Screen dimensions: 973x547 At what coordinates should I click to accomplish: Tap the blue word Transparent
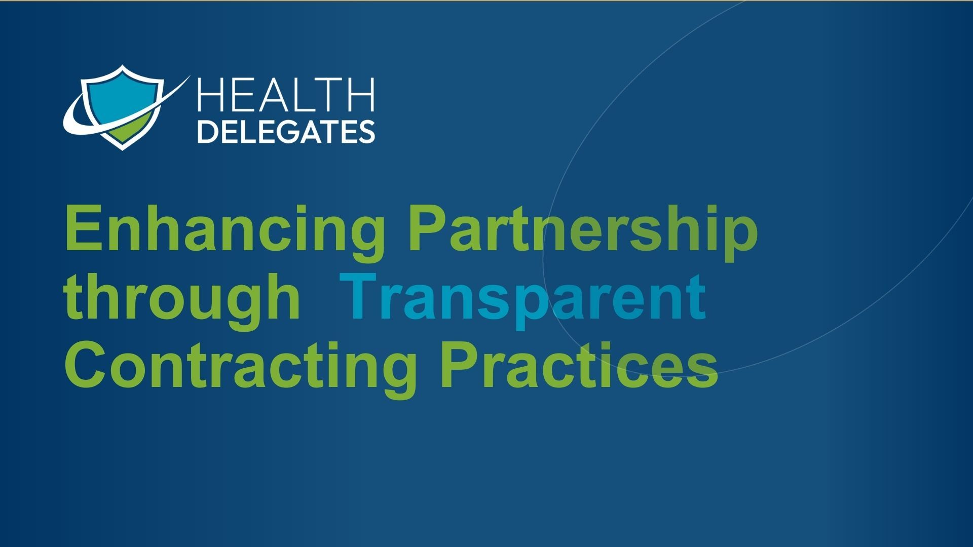coord(524,300)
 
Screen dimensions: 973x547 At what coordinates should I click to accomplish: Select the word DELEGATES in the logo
coord(286,131)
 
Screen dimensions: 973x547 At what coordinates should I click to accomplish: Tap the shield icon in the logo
coord(122,107)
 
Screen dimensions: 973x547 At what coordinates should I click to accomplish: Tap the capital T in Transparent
coord(359,296)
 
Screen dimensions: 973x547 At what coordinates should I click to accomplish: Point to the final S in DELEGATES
coord(366,131)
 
